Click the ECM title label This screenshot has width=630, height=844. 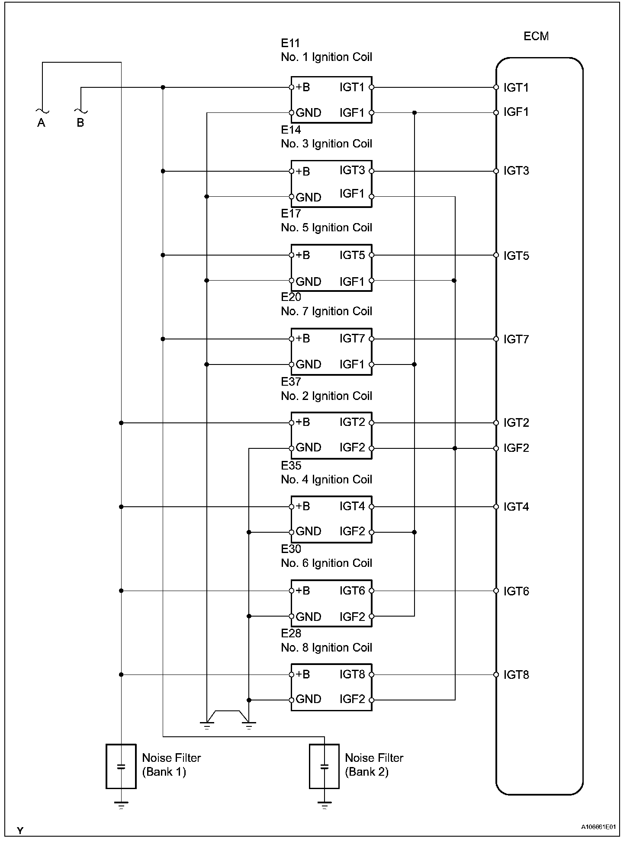(x=536, y=36)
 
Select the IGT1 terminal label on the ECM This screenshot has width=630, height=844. (x=516, y=88)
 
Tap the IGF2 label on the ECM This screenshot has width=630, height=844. (x=516, y=448)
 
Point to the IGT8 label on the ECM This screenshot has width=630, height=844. (x=516, y=675)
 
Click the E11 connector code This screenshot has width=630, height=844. (x=290, y=43)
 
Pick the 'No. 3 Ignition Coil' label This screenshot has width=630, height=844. (x=326, y=144)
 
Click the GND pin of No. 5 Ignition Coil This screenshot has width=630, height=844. (x=308, y=281)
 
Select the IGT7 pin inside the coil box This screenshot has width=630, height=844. (x=352, y=339)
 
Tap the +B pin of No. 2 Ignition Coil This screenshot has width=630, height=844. (x=302, y=422)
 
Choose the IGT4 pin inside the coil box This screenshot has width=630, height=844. (x=352, y=506)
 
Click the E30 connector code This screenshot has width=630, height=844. (x=291, y=549)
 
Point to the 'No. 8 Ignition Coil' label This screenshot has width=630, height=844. (x=326, y=647)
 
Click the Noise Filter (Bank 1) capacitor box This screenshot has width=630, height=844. (x=121, y=766)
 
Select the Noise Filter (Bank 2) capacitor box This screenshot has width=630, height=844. (x=324, y=766)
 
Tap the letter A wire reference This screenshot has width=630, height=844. (x=41, y=123)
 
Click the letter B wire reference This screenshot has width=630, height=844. (x=80, y=123)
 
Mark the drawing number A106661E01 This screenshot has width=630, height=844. (x=598, y=827)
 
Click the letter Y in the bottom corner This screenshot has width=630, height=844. (x=20, y=830)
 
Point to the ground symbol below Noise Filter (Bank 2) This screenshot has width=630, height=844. (x=324, y=805)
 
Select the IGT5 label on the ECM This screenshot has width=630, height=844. (x=516, y=256)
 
